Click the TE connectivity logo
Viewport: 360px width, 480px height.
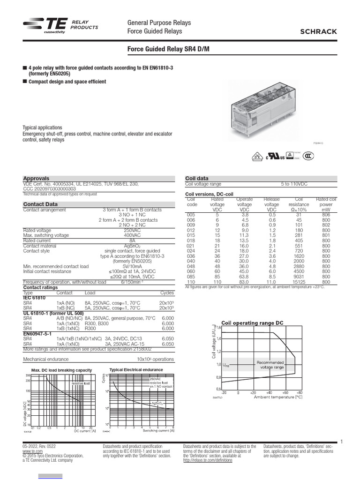pyautogui.click(x=45, y=27)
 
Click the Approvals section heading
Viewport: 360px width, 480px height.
pyautogui.click(x=36, y=179)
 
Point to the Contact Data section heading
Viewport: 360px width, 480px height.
pyautogui.click(x=41, y=204)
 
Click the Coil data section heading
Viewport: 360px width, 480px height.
pyautogui.click(x=197, y=179)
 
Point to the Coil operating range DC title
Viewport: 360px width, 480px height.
pyautogui.click(x=252, y=323)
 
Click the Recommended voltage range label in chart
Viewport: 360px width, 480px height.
pyautogui.click(x=270, y=365)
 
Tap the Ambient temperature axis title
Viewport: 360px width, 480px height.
pyautogui.click(x=278, y=397)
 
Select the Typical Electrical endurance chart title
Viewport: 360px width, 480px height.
pyautogui.click(x=136, y=370)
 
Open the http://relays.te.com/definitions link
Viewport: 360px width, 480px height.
pyautogui.click(x=208, y=461)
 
